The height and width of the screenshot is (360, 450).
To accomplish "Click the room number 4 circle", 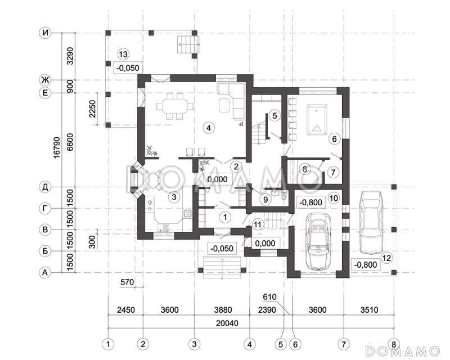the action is [x=208, y=128].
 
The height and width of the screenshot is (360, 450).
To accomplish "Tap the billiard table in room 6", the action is [x=317, y=120].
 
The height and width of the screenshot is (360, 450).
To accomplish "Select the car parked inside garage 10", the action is [x=318, y=242].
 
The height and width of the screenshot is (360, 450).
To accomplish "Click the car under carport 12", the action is [x=371, y=223].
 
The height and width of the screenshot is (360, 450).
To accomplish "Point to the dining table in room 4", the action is [x=174, y=106].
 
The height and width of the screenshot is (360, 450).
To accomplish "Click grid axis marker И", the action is [x=45, y=33].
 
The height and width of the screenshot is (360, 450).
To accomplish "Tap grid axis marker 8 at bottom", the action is [x=393, y=344].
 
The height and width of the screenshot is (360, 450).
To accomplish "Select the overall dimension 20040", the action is [x=227, y=323].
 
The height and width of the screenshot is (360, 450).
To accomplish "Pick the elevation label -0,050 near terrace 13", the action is [x=128, y=68].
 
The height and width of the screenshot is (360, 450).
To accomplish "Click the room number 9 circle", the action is [x=265, y=199].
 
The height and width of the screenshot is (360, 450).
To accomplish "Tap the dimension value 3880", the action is [x=223, y=310].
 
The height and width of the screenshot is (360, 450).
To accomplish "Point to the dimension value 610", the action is [x=269, y=297].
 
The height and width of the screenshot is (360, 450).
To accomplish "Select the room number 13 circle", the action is [x=124, y=54].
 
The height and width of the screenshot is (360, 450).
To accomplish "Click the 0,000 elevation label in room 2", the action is [x=217, y=179].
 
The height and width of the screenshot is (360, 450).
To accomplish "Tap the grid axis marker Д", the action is [x=45, y=187].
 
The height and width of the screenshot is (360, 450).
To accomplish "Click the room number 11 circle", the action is [x=258, y=224].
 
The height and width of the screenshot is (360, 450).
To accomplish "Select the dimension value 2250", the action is [x=92, y=109].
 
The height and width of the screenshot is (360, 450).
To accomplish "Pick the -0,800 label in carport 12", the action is [x=365, y=264].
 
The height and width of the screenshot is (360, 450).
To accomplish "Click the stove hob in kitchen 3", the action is [x=187, y=214].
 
